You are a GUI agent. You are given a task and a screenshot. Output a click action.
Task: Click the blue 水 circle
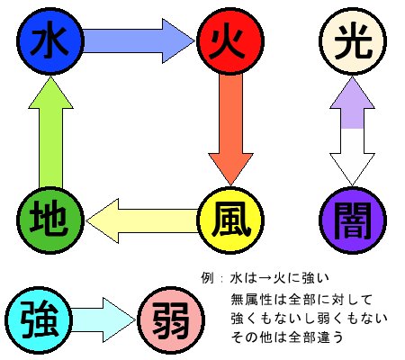click(49, 41)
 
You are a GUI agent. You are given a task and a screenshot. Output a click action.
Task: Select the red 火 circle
click(230, 41)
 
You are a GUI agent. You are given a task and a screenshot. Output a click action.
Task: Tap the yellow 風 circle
click(230, 220)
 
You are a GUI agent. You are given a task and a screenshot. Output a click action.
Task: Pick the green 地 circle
click(49, 220)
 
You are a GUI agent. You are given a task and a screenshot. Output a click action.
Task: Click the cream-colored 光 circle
click(353, 41)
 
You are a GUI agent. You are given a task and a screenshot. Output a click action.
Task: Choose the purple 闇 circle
click(353, 220)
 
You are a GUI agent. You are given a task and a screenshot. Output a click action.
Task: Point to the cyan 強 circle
click(39, 320)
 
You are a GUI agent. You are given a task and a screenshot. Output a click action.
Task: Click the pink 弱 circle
click(171, 320)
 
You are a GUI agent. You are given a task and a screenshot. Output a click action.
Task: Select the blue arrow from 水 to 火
click(139, 41)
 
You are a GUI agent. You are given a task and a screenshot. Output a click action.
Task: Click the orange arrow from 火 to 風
click(230, 130)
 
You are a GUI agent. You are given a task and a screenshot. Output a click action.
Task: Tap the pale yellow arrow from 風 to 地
click(142, 220)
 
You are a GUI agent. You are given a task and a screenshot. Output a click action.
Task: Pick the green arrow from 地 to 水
click(50, 132)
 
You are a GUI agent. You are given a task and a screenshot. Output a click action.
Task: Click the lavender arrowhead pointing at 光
click(352, 103)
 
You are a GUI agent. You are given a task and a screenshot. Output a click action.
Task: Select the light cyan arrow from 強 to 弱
click(103, 320)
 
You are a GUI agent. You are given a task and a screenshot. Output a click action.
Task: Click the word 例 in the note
click(207, 278)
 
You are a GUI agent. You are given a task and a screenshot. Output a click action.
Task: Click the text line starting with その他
click(287, 337)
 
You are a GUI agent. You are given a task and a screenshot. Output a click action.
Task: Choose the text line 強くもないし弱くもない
click(310, 319)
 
